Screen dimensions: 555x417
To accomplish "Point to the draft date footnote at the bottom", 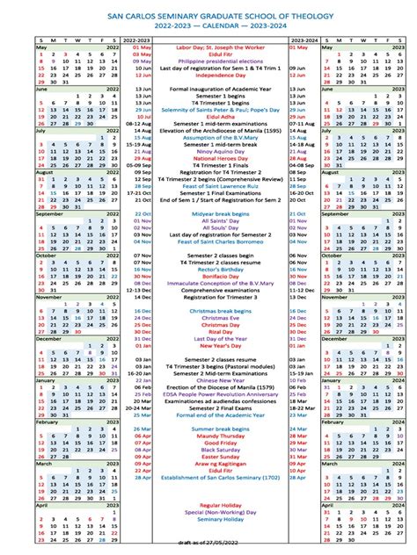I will (208, 549).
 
